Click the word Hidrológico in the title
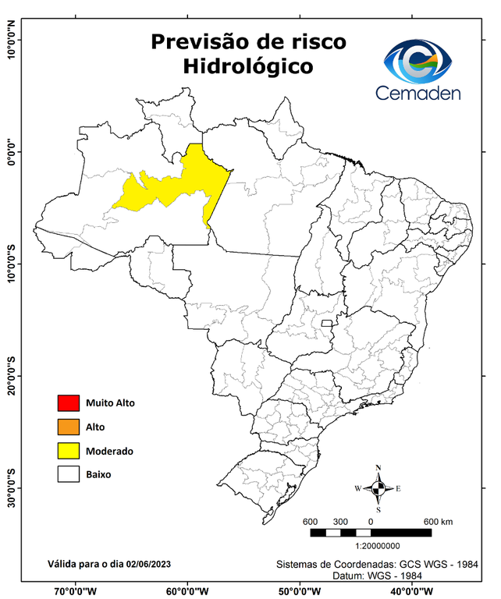pos(247,66)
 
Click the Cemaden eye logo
pos(420,61)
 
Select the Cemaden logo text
pos(418,93)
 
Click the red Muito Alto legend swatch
pos(68,403)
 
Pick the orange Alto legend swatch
pos(68,427)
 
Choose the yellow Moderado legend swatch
pos(68,451)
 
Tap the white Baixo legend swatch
pos(68,474)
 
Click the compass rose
pos(378,489)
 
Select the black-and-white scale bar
pos(371,533)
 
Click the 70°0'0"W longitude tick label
pos(76,590)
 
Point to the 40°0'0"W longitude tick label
pos(413,590)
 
